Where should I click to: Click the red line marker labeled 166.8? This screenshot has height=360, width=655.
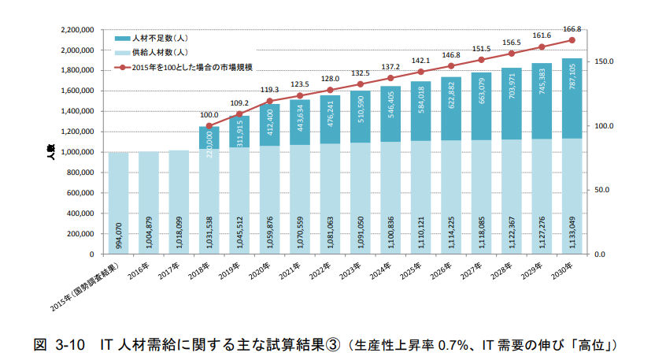click(x=572, y=40)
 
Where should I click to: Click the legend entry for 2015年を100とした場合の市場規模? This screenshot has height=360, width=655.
click(x=197, y=67)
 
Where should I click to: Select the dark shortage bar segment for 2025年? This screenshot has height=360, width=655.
click(x=421, y=111)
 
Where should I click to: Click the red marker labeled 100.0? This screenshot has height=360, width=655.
click(x=209, y=126)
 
